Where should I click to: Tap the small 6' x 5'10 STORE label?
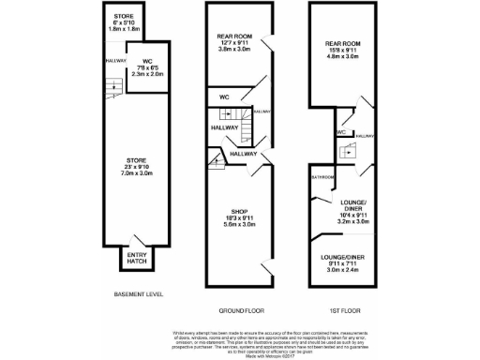click(124, 23)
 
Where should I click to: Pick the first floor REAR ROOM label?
click(342, 49)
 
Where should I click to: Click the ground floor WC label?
click(225, 97)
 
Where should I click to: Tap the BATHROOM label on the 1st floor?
click(323, 175)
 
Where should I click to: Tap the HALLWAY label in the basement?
click(115, 62)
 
